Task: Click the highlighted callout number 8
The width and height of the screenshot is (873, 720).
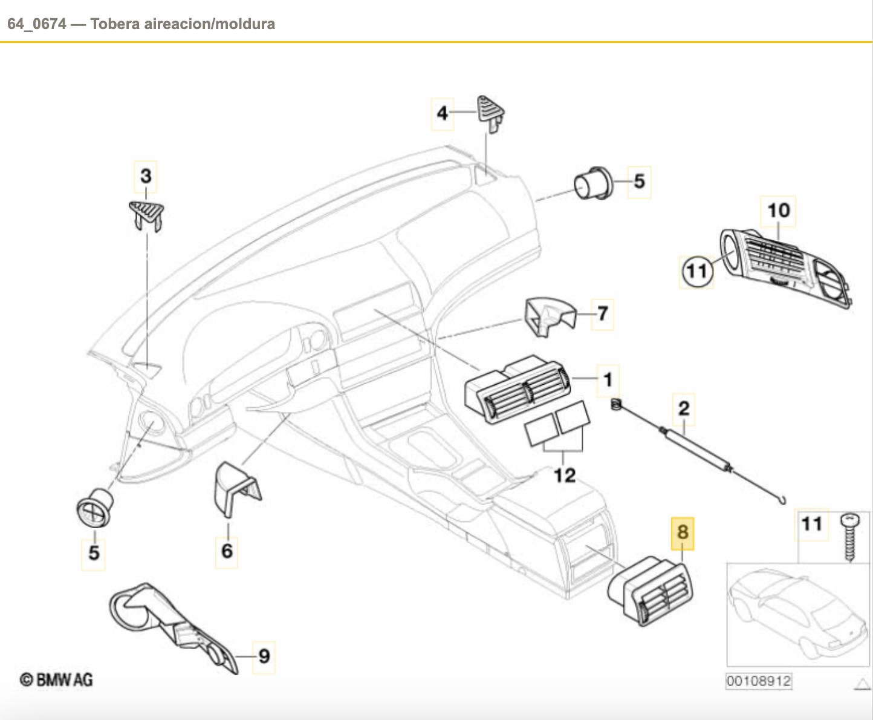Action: pyautogui.click(x=683, y=533)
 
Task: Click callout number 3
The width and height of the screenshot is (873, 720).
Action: pyautogui.click(x=146, y=177)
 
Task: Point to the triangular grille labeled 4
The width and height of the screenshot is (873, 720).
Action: pyautogui.click(x=491, y=111)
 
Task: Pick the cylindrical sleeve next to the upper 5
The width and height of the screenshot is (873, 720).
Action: pyautogui.click(x=592, y=182)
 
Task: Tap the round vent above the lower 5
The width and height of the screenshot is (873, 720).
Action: pyautogui.click(x=95, y=506)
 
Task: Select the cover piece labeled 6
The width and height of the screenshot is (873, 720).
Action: pyautogui.click(x=235, y=488)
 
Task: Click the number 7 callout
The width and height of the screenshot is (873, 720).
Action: pyautogui.click(x=602, y=314)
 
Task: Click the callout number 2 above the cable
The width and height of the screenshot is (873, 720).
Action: pyautogui.click(x=684, y=408)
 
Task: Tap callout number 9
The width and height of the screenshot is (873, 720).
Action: pyautogui.click(x=264, y=656)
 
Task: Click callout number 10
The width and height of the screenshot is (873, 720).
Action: pyautogui.click(x=778, y=211)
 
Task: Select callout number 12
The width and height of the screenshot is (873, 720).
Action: pyautogui.click(x=565, y=476)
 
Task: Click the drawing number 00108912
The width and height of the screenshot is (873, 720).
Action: pyautogui.click(x=758, y=681)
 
